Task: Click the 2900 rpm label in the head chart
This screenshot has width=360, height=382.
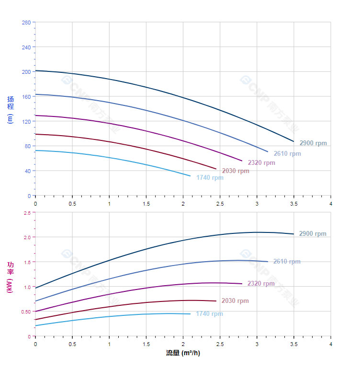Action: pos(313,143)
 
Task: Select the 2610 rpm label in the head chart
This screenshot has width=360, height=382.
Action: pos(287,153)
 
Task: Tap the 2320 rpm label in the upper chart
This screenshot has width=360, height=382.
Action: pos(261,162)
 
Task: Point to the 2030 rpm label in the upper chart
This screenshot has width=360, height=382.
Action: pos(236,171)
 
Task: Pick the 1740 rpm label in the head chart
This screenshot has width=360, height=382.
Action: pos(210,177)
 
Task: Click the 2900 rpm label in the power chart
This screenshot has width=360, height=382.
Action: pos(313,234)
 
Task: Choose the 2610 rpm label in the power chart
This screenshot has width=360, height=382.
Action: pos(287,262)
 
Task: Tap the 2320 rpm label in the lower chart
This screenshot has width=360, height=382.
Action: pos(261,283)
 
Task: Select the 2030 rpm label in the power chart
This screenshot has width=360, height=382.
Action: pos(235,301)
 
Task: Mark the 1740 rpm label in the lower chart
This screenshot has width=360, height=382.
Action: pos(209,313)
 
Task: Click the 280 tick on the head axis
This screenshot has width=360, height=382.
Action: pos(26,23)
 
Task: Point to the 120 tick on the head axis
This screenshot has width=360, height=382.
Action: pos(26,121)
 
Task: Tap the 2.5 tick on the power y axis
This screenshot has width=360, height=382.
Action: pos(27,212)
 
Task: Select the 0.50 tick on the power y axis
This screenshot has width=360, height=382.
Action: pos(26,312)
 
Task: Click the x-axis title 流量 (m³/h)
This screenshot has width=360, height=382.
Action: pos(183,353)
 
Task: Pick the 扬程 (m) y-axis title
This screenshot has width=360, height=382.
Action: pos(11,110)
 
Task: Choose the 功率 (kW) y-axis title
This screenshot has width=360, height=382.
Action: pos(11,278)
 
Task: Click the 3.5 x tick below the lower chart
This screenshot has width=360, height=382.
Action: pos(294,344)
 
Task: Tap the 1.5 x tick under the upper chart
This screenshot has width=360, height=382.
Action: pos(146,204)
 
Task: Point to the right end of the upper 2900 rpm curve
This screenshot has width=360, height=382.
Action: pos(293,141)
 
